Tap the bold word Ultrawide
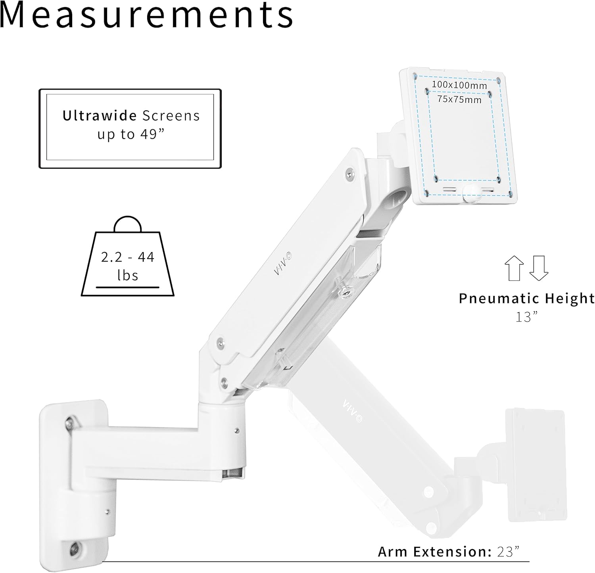tap(100, 116)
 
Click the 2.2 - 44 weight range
tap(127, 257)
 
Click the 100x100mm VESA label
tap(459, 84)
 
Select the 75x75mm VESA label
tap(459, 99)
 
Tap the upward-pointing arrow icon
tap(514, 268)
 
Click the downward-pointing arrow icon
tap(539, 268)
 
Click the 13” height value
tap(527, 317)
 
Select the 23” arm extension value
tap(508, 552)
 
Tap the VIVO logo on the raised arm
tap(283, 265)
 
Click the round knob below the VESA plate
tap(470, 191)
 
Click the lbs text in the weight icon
tap(128, 276)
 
